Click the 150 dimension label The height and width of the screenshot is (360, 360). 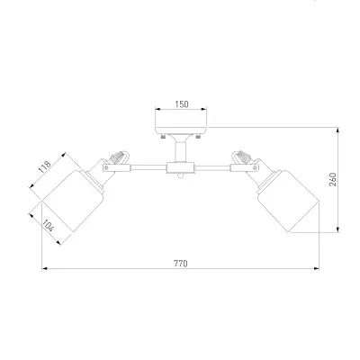182,104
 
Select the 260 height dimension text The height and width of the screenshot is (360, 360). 333,179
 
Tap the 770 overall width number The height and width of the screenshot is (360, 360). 181,264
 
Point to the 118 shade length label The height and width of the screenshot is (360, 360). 45,167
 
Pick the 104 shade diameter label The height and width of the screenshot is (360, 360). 48,225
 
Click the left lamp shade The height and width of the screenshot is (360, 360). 73,201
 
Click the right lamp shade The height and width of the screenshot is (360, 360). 288,201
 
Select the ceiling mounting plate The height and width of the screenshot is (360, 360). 181,130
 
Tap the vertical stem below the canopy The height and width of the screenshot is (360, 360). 181,152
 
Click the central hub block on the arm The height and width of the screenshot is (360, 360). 181,167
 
